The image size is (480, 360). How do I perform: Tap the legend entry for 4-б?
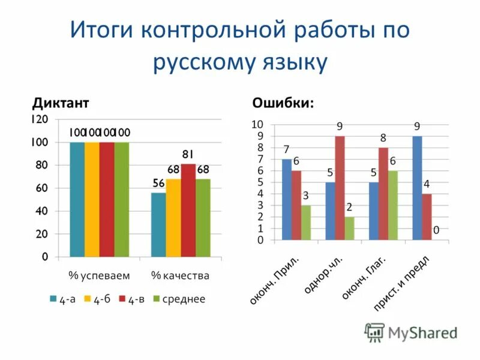point(100,299)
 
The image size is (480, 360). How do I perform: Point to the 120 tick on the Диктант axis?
point(40,119)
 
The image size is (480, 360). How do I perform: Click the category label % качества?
point(180,276)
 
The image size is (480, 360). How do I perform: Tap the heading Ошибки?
point(283,103)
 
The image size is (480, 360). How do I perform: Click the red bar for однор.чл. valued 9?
point(340,188)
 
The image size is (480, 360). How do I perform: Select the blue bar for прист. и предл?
point(417,188)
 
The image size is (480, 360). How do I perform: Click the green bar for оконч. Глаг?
point(393,205)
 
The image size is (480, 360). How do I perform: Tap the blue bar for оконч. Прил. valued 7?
point(287,199)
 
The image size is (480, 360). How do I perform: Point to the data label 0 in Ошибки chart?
point(437,230)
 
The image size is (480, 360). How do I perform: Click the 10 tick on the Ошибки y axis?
point(257,125)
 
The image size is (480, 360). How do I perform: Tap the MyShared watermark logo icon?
point(375,332)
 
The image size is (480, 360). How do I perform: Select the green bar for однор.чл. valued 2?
point(349,228)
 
